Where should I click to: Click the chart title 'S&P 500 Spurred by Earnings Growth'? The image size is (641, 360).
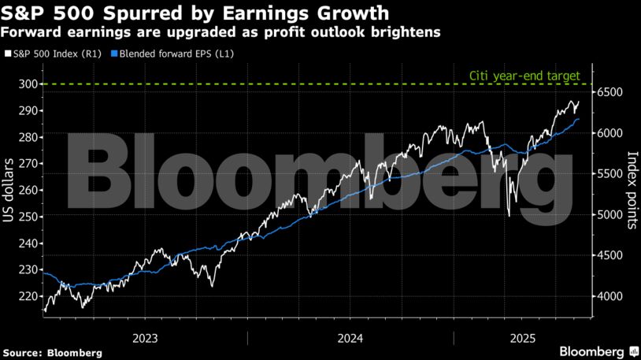[195, 13]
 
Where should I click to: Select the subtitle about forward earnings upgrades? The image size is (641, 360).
[220, 32]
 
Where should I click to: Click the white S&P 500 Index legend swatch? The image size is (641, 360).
[7, 54]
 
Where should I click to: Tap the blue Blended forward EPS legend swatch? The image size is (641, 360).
[114, 54]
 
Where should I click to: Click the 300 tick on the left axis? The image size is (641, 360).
[28, 84]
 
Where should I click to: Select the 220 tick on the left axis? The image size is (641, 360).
[28, 296]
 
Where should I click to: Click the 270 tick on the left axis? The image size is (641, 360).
[28, 164]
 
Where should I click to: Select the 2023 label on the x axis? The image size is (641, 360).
[146, 338]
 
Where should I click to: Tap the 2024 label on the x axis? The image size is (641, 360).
[350, 338]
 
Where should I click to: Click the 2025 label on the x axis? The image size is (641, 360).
[523, 338]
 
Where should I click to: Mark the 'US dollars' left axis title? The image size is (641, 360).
[9, 190]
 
